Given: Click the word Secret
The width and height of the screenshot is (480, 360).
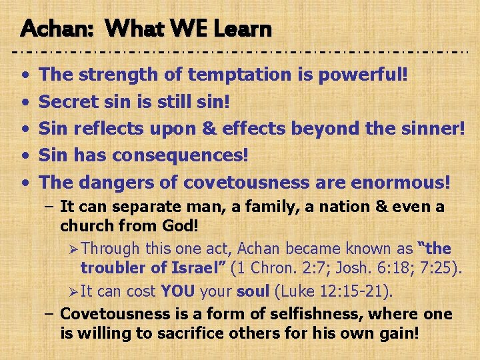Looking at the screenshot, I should [x=69, y=101].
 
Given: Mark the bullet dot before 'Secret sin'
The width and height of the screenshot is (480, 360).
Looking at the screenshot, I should [x=24, y=102].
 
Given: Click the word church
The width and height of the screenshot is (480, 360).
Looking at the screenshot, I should [x=84, y=226].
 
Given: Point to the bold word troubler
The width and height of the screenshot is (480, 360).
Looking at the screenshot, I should [x=111, y=268].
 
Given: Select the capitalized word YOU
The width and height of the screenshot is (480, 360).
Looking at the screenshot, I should [x=177, y=291].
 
